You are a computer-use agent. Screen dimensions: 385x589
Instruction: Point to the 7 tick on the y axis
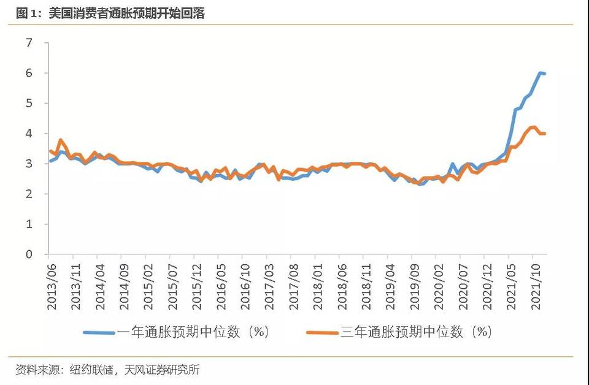pyautogui.click(x=29, y=43)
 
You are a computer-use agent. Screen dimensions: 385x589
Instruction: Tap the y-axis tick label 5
pyautogui.click(x=29, y=103)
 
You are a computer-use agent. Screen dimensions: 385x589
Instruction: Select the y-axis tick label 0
pyautogui.click(x=29, y=254)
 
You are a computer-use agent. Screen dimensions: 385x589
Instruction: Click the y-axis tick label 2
pyautogui.click(x=29, y=194)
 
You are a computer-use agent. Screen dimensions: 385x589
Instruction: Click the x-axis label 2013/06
pyautogui.click(x=52, y=278)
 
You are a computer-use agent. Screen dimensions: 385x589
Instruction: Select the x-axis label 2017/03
pyautogui.click(x=269, y=278)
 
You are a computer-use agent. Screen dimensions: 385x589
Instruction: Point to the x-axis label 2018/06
pyautogui.click(x=341, y=278)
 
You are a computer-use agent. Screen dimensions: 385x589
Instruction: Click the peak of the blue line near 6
pyautogui.click(x=541, y=73)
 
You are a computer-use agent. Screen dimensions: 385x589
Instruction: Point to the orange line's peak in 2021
pyautogui.click(x=534, y=128)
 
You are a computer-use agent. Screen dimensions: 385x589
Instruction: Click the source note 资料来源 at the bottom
pyautogui.click(x=107, y=370)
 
